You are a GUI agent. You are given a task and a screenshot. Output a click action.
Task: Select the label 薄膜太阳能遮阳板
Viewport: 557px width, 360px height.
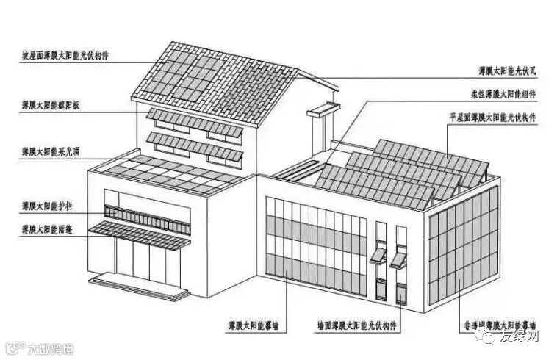[x=51, y=106]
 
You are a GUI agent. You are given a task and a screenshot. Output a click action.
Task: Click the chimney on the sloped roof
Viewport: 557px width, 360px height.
[x=319, y=129]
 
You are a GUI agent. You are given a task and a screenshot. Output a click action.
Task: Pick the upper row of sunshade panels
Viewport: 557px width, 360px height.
[x=194, y=123]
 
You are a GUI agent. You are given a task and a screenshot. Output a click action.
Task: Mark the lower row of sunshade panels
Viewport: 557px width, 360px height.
[x=194, y=147]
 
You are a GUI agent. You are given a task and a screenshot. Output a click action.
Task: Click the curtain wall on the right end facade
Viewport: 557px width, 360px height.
[x=463, y=243]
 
